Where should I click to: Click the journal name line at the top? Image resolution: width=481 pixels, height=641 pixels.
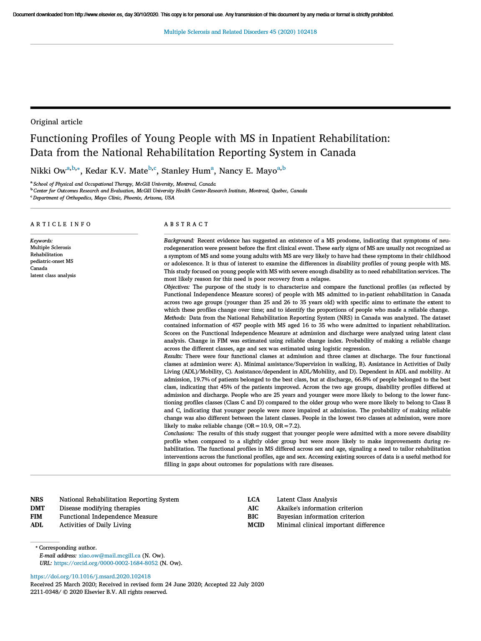point(240,32)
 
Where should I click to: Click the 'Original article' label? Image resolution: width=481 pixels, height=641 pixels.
point(56,122)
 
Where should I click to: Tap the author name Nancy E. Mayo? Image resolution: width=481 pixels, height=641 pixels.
point(248,171)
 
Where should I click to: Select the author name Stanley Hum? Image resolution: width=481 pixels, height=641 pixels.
point(185,171)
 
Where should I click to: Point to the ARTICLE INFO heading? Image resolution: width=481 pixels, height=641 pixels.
point(61,225)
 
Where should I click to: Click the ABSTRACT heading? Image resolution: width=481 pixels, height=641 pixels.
point(186,225)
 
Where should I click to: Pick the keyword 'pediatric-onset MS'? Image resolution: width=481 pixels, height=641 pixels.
point(51,261)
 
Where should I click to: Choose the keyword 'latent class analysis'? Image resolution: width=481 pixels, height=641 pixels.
point(53,275)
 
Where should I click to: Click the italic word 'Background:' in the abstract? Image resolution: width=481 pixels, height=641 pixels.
point(179,241)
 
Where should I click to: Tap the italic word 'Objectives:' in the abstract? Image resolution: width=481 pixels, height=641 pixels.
point(177,287)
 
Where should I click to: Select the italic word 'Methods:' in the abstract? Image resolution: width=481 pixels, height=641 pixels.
point(175,318)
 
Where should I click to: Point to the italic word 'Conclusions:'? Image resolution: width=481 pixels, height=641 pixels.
point(179,434)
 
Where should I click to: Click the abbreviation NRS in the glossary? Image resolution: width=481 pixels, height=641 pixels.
point(37,500)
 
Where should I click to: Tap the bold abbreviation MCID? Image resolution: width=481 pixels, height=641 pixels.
point(256,525)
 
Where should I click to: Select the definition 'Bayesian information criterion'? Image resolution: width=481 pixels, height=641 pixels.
point(321,517)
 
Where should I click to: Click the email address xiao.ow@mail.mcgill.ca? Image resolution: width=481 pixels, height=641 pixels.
point(109,555)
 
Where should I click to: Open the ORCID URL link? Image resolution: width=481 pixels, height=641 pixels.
point(106,563)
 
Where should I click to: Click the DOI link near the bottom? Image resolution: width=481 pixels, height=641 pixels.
point(91,577)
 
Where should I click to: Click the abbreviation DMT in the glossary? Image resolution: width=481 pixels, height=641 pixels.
point(38,508)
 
